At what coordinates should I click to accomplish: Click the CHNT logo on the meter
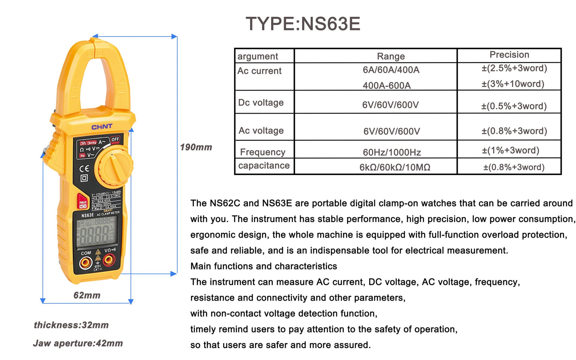pos(102,127)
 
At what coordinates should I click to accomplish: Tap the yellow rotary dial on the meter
pos(115,165)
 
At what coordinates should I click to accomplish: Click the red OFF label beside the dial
pos(115,140)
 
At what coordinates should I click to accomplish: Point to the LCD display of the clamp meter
pos(97,232)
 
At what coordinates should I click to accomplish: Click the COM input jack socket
pos(85,262)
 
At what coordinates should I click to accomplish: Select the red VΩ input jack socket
pos(109,260)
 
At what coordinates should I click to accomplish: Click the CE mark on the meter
pos(84,168)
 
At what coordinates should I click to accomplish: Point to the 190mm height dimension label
pos(196,147)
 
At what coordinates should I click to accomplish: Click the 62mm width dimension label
pos(87,295)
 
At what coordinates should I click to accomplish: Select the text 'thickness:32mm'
pos(71,325)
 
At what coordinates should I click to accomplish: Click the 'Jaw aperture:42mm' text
pos(78,343)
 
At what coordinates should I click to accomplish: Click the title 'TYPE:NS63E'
pos(303,24)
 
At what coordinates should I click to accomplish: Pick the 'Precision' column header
pos(509,55)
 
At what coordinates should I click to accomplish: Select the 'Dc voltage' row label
pos(261,102)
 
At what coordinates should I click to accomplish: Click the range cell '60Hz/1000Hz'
pos(391,152)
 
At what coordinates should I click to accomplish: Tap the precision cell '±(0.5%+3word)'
pos(513,106)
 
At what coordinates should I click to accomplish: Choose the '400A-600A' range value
pos(386,85)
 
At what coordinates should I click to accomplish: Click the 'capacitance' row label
pos(264,165)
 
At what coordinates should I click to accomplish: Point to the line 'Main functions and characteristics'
pos(263,266)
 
